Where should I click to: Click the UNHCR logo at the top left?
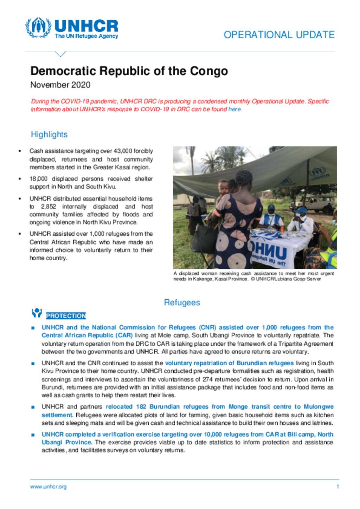point(72,28)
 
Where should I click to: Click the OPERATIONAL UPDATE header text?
point(279,35)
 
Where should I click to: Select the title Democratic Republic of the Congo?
point(129,71)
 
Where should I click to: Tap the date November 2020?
point(60,85)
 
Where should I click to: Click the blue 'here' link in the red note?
point(234,109)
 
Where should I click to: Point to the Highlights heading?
point(49,135)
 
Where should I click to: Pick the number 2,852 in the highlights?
point(49,207)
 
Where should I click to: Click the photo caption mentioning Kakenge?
point(253,276)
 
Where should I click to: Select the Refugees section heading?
point(182,302)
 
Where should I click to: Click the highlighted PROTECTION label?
point(66,316)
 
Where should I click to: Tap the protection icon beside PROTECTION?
point(37,313)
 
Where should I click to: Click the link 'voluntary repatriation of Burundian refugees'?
point(229,363)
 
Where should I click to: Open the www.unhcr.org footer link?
point(48,487)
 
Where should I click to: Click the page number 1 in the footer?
point(337,487)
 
